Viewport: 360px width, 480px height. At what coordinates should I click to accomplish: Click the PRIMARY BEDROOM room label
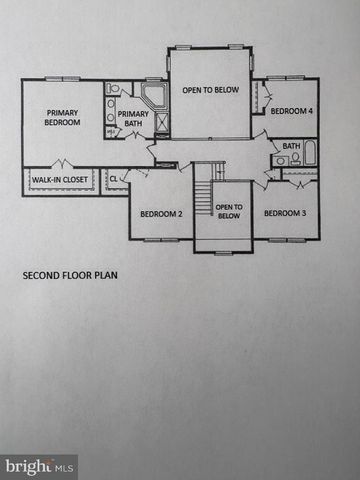(x=61, y=117)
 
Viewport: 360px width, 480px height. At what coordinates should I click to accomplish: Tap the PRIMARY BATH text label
(x=132, y=119)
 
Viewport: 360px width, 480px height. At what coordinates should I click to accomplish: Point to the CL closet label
(x=113, y=180)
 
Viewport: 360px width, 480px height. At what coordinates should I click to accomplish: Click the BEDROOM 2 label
(x=159, y=213)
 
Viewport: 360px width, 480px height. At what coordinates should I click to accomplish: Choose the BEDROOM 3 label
(x=284, y=213)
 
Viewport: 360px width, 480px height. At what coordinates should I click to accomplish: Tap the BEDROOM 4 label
(x=290, y=111)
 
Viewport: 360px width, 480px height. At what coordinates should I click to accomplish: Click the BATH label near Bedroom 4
(x=291, y=146)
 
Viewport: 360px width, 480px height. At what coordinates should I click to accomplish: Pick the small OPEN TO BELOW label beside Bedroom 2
(x=228, y=210)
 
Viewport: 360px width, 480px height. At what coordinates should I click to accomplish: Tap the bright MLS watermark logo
(x=39, y=465)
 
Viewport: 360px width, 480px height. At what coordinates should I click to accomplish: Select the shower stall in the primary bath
(x=156, y=127)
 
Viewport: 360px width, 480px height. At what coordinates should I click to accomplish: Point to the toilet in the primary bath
(x=111, y=131)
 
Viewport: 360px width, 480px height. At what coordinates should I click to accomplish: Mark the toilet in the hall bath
(x=294, y=159)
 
